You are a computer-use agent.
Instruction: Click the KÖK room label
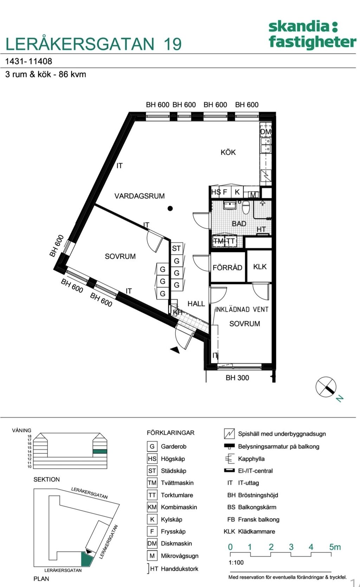click(228, 152)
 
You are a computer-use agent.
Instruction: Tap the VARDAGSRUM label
click(140, 196)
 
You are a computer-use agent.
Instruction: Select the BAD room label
click(239, 224)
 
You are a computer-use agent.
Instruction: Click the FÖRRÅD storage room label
click(227, 267)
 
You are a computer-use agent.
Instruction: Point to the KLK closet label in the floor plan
click(260, 267)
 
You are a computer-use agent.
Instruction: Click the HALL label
click(196, 304)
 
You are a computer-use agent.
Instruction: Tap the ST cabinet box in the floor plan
click(176, 249)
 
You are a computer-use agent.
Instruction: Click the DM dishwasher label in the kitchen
click(265, 132)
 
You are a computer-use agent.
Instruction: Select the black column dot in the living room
click(170, 208)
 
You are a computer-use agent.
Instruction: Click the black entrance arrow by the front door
click(175, 349)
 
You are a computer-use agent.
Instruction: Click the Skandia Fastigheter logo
click(312, 34)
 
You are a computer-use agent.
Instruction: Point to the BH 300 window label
click(237, 378)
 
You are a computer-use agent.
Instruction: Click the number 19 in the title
click(172, 44)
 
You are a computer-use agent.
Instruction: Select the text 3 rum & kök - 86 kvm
click(46, 75)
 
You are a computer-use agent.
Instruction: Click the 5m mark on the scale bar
click(335, 547)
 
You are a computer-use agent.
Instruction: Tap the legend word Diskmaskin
click(176, 543)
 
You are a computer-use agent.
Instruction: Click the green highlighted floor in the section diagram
click(99, 451)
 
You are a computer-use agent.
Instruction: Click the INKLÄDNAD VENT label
click(242, 310)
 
